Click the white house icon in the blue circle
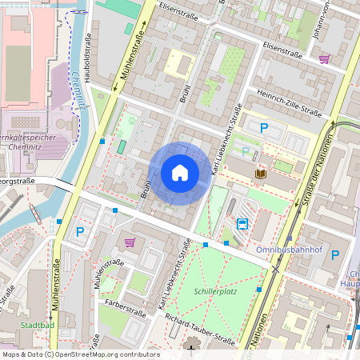[x=180, y=172]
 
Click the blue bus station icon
[x=242, y=225]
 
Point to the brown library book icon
[x=261, y=173]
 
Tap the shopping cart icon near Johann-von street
[x=325, y=58]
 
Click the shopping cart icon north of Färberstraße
[x=130, y=242]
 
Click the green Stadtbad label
[x=37, y=326]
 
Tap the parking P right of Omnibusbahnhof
[x=334, y=255]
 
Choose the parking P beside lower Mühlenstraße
[x=79, y=232]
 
